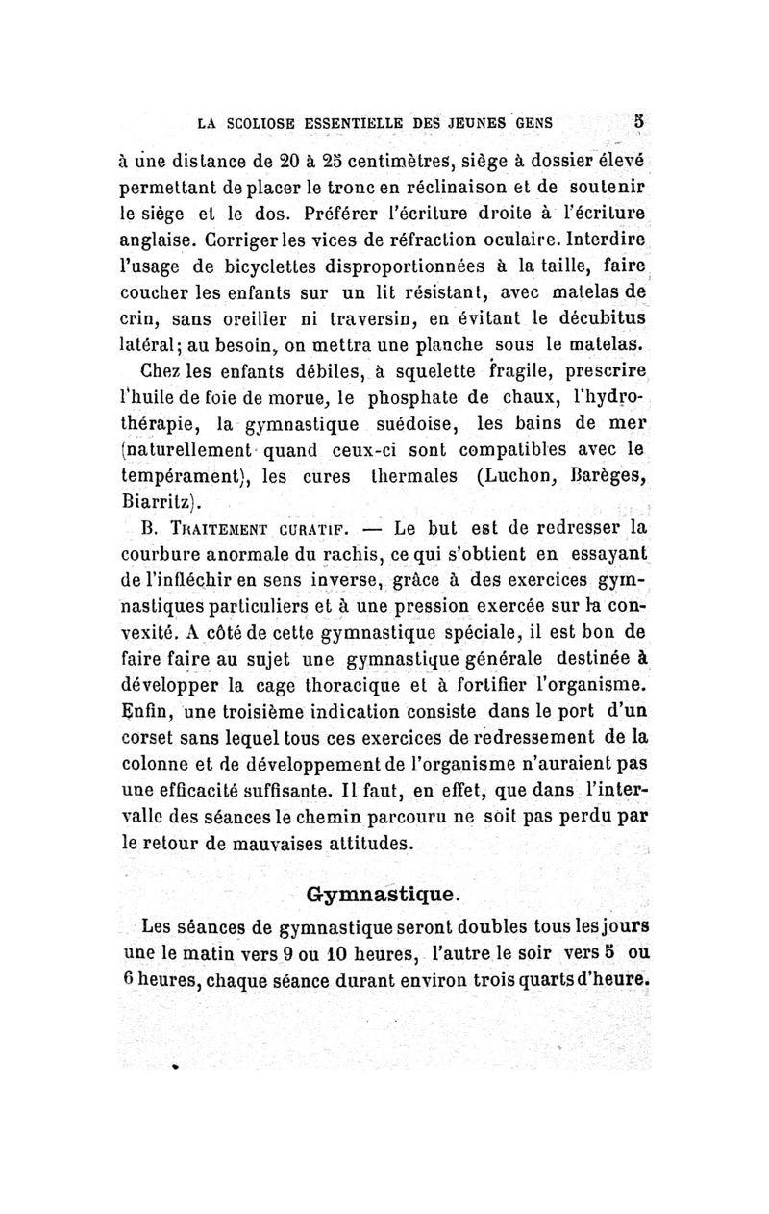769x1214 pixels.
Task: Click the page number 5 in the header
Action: click(637, 123)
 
